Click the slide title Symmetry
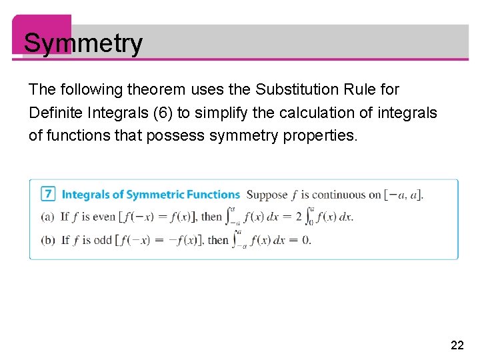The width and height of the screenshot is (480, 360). [83, 43]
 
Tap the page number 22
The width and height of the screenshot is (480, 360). [457, 345]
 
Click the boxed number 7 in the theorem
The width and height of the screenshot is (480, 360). [47, 195]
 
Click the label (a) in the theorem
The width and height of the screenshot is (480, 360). [47, 216]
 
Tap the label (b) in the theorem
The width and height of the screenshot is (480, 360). [47, 239]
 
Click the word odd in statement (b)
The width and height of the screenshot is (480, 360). [103, 239]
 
